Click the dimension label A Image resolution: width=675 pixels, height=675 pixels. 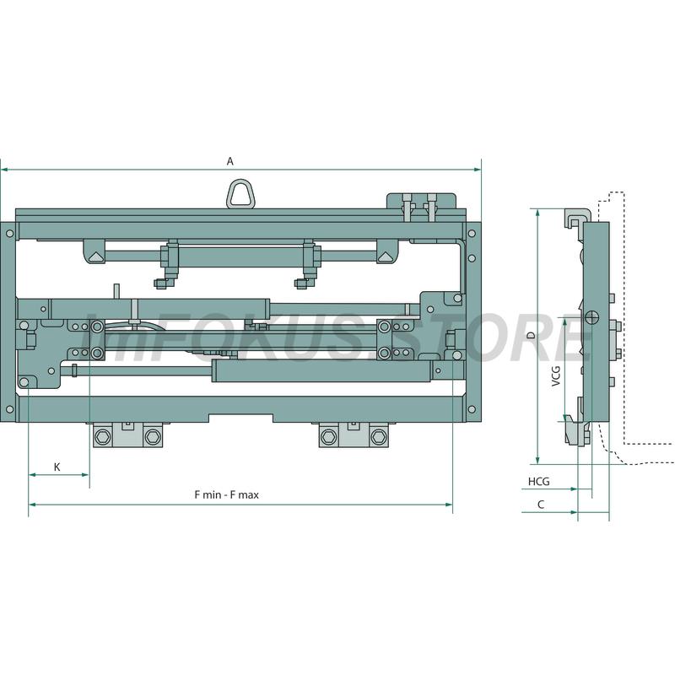point(230,161)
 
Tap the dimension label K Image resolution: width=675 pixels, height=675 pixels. point(57,467)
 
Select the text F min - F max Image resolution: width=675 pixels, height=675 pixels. point(227,495)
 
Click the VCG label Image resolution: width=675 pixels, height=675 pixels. point(556,375)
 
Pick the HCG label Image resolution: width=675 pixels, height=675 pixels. point(539,481)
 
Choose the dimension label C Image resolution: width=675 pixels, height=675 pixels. point(541,505)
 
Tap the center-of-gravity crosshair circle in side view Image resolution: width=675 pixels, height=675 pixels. point(593,317)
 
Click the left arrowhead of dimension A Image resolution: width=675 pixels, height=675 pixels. point(4,170)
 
